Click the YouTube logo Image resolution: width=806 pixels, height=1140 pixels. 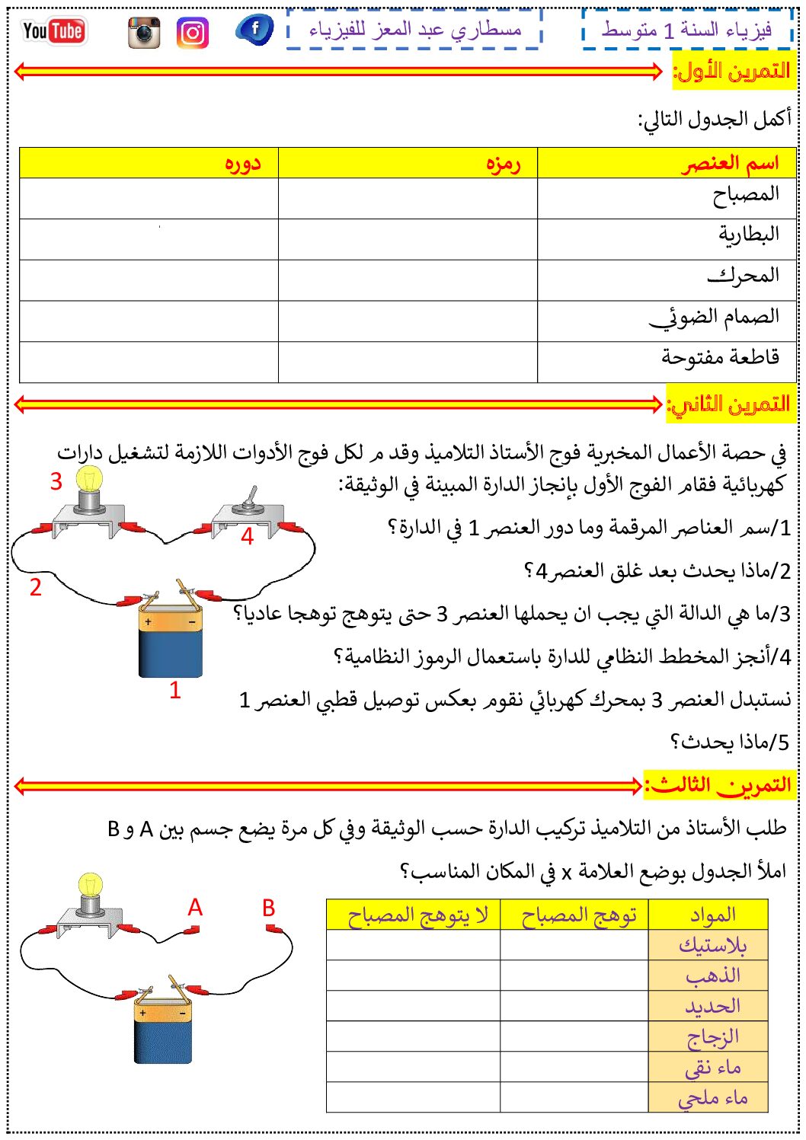[53, 31]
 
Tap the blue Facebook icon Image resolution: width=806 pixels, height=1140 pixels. [254, 30]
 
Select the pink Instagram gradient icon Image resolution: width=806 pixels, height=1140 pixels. [193, 34]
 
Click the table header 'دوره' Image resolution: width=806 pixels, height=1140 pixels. [243, 163]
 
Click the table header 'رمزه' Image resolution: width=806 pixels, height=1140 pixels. [503, 163]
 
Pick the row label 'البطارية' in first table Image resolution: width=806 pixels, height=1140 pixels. [748, 234]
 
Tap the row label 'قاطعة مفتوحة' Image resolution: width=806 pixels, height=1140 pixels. [720, 356]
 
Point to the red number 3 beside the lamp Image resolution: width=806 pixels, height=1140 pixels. [56, 481]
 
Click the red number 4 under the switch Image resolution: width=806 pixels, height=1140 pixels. [247, 536]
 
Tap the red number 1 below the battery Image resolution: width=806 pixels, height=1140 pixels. [174, 690]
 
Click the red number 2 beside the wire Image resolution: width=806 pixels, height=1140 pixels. [35, 587]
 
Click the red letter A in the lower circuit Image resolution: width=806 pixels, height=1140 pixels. [195, 908]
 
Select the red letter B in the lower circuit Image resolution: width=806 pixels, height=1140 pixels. [268, 908]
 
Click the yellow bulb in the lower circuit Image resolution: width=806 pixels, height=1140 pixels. [91, 888]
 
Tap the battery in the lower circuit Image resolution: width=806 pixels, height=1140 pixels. [163, 1024]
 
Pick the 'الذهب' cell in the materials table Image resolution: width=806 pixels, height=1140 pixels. [712, 976]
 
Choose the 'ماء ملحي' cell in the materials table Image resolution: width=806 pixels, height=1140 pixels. [712, 1097]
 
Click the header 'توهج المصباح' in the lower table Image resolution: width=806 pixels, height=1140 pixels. [578, 915]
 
